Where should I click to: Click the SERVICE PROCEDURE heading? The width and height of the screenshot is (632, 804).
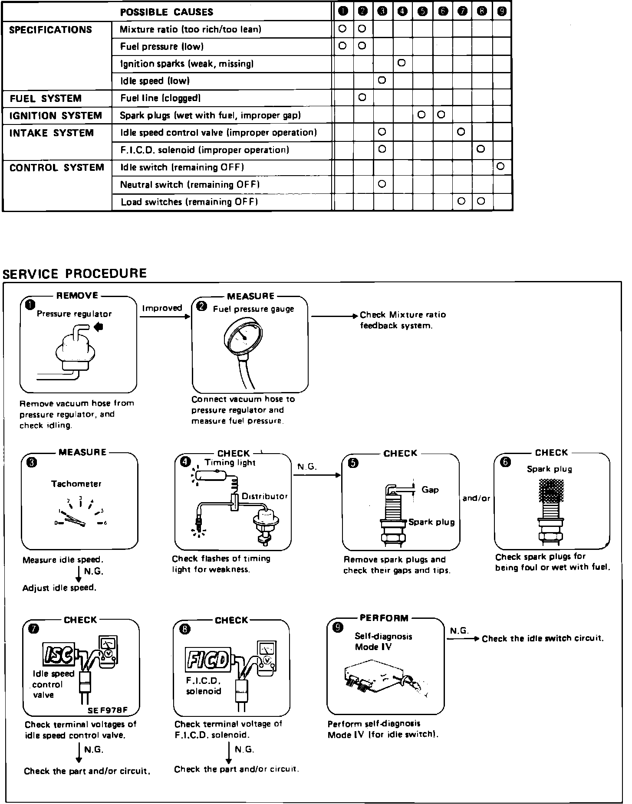(x=75, y=274)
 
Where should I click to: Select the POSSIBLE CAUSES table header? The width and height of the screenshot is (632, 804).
(x=167, y=12)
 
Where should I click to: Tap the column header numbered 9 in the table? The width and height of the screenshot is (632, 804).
(x=502, y=12)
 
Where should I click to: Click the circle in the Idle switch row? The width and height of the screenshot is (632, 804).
(x=501, y=167)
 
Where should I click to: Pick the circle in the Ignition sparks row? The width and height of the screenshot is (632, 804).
(x=402, y=63)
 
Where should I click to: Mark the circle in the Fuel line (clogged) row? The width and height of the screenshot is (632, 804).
(x=362, y=98)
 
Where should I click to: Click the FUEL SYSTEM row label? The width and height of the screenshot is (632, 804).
(x=46, y=98)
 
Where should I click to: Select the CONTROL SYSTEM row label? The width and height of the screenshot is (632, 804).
(x=57, y=168)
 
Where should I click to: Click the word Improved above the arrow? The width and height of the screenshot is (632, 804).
(x=162, y=308)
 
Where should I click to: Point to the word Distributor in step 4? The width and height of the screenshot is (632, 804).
(x=264, y=496)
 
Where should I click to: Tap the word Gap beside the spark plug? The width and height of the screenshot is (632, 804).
(x=430, y=490)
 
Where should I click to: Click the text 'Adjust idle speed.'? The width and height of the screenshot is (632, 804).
(x=59, y=588)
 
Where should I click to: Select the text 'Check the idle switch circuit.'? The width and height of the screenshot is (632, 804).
(x=543, y=638)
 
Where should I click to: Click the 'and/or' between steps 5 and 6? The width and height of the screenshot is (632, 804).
(x=476, y=498)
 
